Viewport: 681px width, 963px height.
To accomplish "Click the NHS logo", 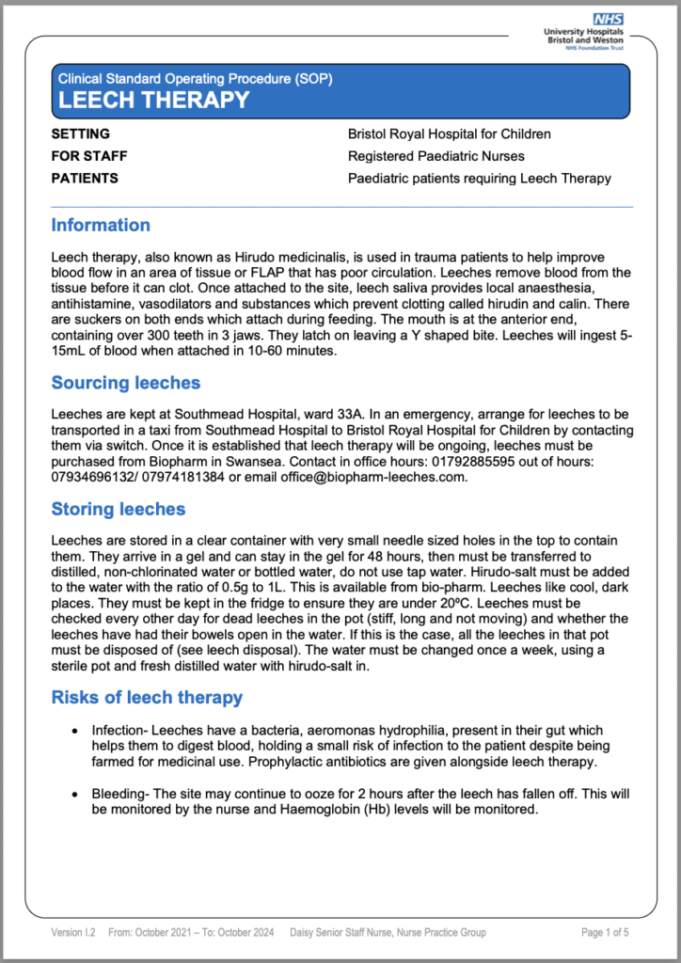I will pyautogui.click(x=607, y=19).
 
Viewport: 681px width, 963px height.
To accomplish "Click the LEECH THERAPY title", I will pyautogui.click(x=154, y=101).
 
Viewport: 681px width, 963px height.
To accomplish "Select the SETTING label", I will pyautogui.click(x=81, y=134).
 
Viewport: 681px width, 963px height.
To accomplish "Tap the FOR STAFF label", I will pyautogui.click(x=89, y=156).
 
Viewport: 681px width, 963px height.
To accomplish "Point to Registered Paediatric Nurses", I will pyautogui.click(x=436, y=156).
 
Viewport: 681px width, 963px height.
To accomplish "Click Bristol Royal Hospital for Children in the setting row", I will pyautogui.click(x=450, y=134).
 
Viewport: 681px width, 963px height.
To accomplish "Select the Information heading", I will pyautogui.click(x=101, y=225).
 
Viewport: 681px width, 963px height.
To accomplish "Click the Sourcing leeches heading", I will pyautogui.click(x=125, y=383).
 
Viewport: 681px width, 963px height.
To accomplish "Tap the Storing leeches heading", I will pyautogui.click(x=119, y=510).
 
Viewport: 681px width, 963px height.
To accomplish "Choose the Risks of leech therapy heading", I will pyautogui.click(x=147, y=698).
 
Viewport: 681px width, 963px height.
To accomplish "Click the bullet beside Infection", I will pyautogui.click(x=75, y=731).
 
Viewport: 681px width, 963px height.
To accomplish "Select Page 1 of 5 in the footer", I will pyautogui.click(x=606, y=933).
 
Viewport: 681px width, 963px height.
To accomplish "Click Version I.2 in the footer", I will pyautogui.click(x=73, y=933).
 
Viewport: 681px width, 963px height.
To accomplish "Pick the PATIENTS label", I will pyautogui.click(x=85, y=179).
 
